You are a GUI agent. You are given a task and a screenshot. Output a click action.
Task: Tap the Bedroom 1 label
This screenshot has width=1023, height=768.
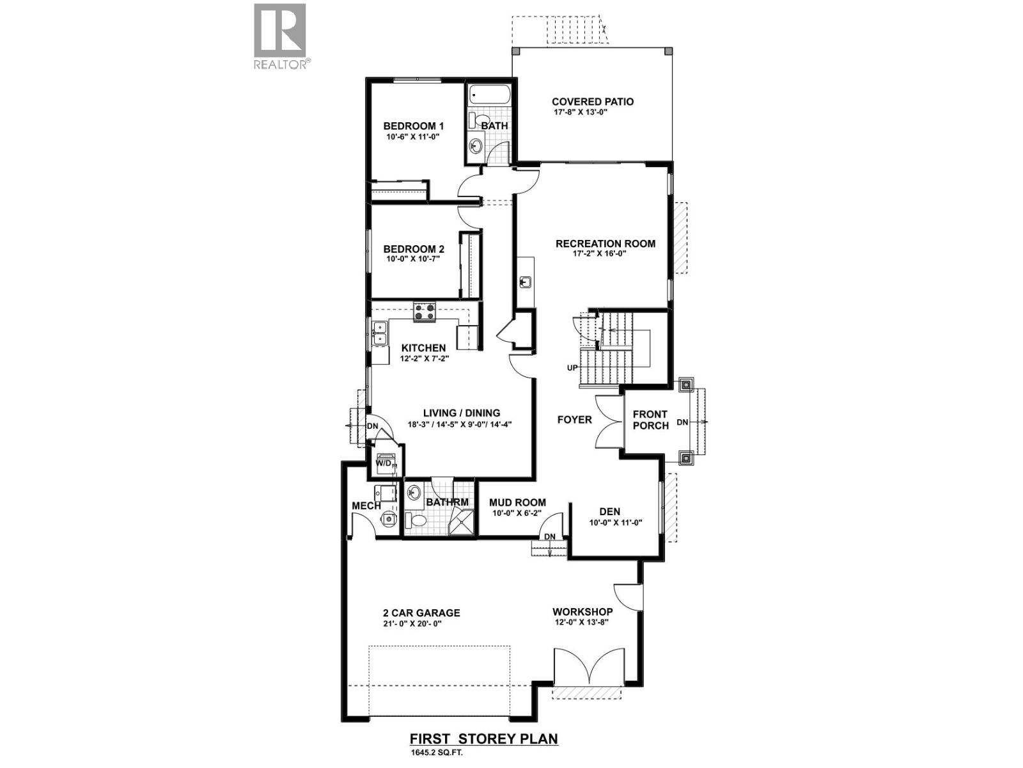tap(413, 126)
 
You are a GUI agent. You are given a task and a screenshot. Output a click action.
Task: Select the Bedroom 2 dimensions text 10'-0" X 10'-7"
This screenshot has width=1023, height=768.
tap(413, 259)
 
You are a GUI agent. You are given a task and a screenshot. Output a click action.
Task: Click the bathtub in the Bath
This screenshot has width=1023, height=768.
tap(488, 95)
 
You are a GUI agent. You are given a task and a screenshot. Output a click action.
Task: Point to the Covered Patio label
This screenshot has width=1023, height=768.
tap(593, 101)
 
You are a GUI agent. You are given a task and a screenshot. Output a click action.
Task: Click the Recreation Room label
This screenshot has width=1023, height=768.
tap(605, 243)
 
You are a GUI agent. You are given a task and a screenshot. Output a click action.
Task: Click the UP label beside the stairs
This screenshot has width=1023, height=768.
tap(572, 368)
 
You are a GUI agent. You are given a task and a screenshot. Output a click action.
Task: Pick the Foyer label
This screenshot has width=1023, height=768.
tap(574, 420)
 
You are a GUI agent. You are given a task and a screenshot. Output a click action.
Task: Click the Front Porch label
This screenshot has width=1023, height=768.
tap(650, 420)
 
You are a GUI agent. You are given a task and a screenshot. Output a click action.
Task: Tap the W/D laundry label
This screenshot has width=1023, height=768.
tap(384, 463)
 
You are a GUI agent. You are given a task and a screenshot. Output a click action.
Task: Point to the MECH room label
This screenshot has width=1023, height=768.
tap(366, 506)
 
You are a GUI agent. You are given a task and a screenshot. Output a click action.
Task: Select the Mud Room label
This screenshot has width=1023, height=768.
tap(517, 502)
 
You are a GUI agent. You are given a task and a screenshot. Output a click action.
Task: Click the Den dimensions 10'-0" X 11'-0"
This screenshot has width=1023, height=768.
tap(615, 522)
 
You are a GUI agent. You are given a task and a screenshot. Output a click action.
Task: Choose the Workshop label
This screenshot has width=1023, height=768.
tap(582, 612)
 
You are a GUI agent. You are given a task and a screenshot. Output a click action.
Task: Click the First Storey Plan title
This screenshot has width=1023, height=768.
tap(483, 739)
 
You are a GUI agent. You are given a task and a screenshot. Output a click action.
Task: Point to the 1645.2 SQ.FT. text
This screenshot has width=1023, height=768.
tap(437, 754)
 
